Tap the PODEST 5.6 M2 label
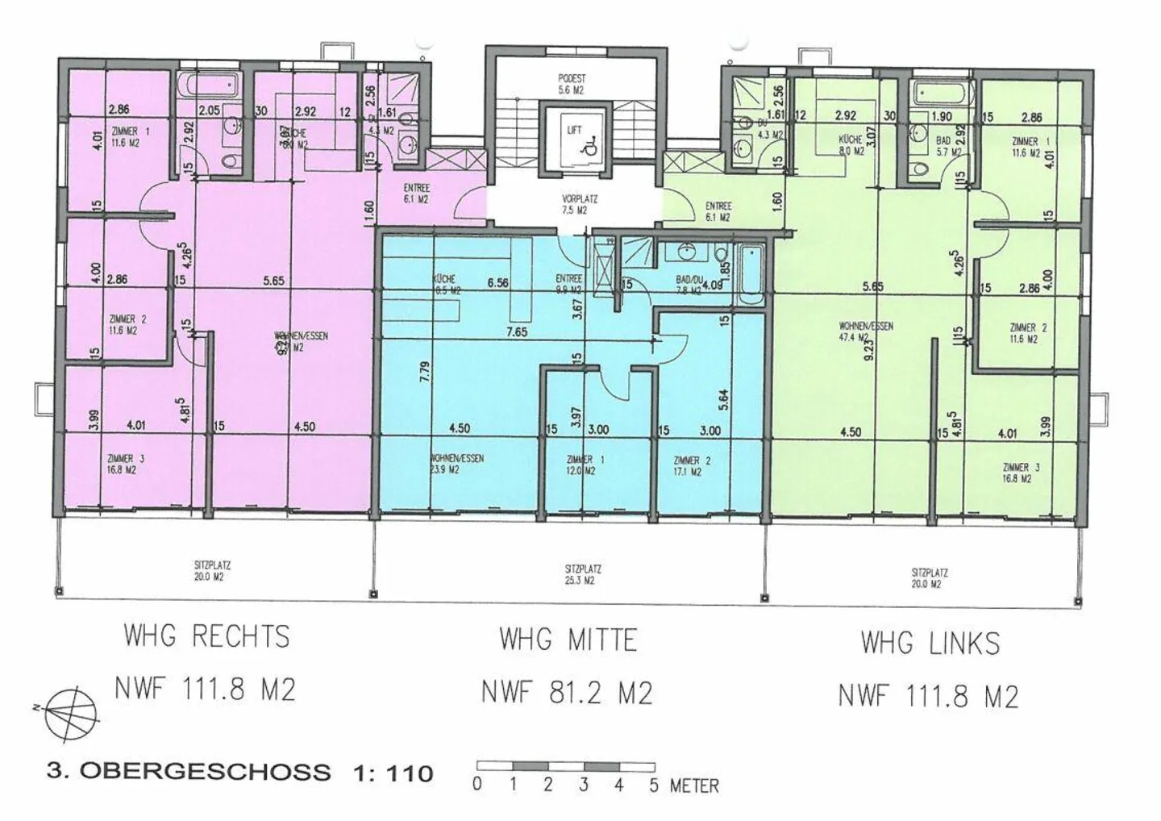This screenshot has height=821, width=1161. pyautogui.click(x=572, y=85)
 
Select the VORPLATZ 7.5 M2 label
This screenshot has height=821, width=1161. pyautogui.click(x=574, y=204)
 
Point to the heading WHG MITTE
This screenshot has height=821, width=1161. pyautogui.click(x=568, y=640)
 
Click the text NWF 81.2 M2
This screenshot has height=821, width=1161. pyautogui.click(x=566, y=692)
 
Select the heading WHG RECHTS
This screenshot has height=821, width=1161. pyautogui.click(x=206, y=636)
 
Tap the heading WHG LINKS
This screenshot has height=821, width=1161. pyautogui.click(x=930, y=643)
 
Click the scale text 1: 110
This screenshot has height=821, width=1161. pyautogui.click(x=393, y=773)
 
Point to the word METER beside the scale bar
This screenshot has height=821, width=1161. pyautogui.click(x=694, y=786)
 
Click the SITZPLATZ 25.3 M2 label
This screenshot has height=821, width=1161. pyautogui.click(x=583, y=574)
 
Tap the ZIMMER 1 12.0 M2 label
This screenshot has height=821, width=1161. pyautogui.click(x=580, y=465)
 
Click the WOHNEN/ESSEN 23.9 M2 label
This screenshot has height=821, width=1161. pyautogui.click(x=457, y=464)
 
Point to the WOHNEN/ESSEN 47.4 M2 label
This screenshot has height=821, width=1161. pyautogui.click(x=865, y=331)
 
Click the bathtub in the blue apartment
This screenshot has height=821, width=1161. pyautogui.click(x=749, y=273)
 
